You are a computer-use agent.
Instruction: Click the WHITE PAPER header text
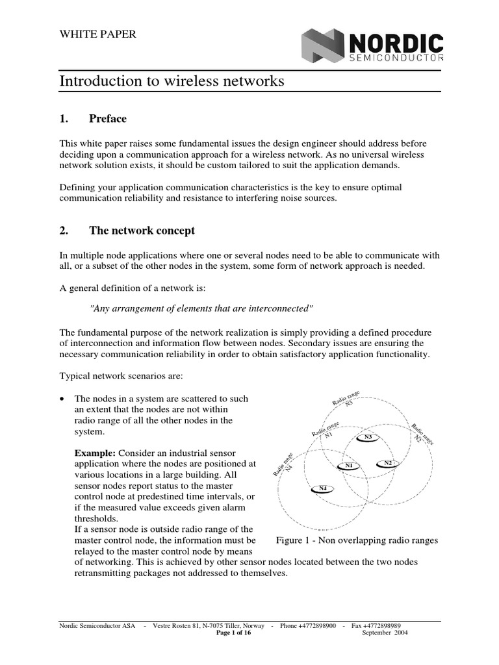coord(98,34)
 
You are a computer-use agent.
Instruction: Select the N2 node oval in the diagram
coord(388,462)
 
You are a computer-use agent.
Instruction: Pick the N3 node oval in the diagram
coord(368,437)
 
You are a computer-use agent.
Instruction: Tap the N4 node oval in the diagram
coord(322,488)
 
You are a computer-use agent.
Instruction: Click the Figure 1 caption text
coord(357,540)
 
